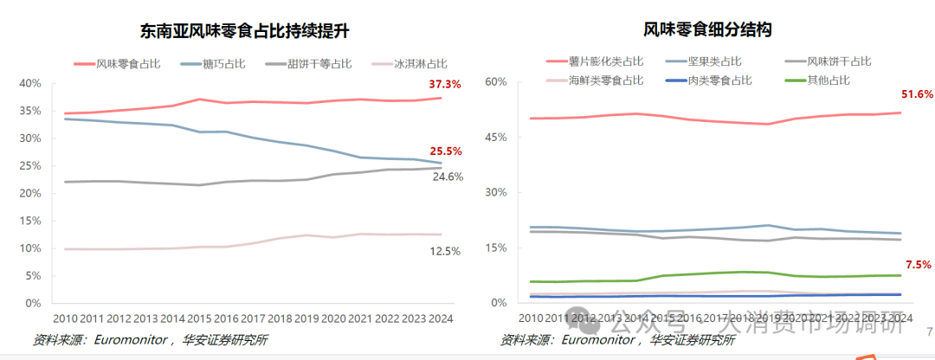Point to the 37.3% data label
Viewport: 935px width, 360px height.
445,84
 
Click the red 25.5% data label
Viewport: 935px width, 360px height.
445,151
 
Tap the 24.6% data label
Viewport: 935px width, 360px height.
448,177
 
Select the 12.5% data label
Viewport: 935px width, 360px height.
445,251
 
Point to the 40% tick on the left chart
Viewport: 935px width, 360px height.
30,83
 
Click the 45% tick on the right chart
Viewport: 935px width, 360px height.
495,137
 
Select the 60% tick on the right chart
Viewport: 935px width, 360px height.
495,81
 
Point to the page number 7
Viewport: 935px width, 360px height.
930,331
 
